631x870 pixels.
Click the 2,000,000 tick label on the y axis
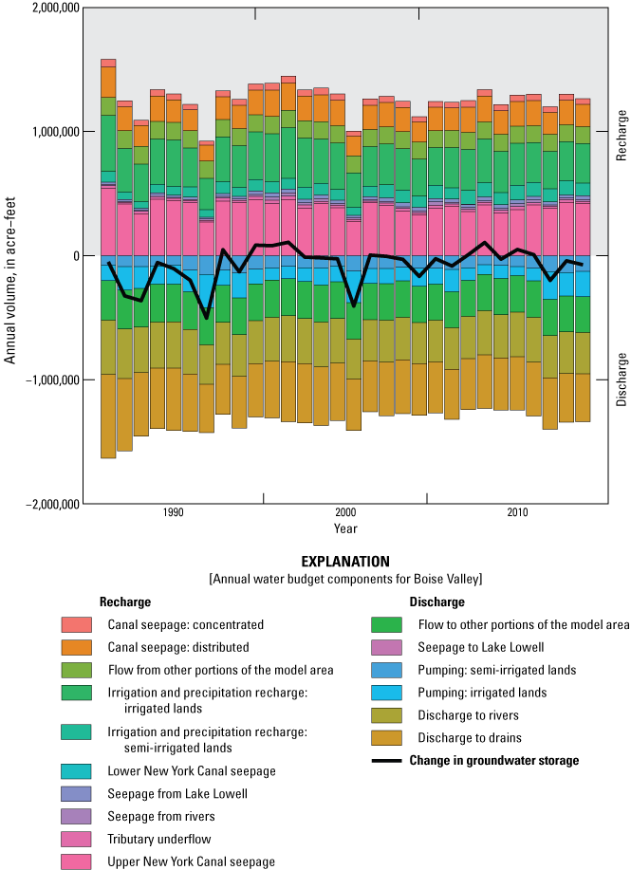tap(52, 8)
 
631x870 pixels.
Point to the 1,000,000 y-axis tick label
tap(52, 132)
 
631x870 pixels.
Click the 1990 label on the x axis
tap(173, 513)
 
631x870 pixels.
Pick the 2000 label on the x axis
tap(345, 513)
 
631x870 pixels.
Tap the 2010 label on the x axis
tap(517, 513)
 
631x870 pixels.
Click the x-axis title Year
tap(345, 528)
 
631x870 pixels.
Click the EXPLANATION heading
tap(345, 562)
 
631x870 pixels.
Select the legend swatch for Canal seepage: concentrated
tap(77, 625)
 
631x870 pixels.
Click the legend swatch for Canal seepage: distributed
tap(77, 647)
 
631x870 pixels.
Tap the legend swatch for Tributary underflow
tap(77, 840)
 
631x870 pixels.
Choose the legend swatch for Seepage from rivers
tap(77, 817)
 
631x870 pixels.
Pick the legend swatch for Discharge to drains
tap(387, 738)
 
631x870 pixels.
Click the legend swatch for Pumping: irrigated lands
tap(387, 693)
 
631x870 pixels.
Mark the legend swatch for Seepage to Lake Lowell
tap(387, 647)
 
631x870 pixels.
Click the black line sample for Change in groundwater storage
tap(387, 761)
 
